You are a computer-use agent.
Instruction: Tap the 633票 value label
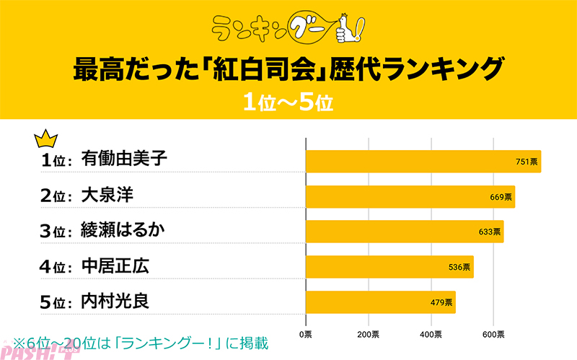coord(488,232)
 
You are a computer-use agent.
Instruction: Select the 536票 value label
coord(459,267)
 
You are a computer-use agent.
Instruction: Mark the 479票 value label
coord(441,302)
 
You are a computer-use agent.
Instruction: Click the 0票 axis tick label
coord(306,334)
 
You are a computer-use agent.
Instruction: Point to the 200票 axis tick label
coord(369,334)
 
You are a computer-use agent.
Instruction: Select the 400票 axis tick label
coord(431,334)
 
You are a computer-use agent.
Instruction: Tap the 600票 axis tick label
coord(494,334)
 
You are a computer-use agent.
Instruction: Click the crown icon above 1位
coord(46,137)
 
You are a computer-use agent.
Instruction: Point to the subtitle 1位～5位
coord(288,102)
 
